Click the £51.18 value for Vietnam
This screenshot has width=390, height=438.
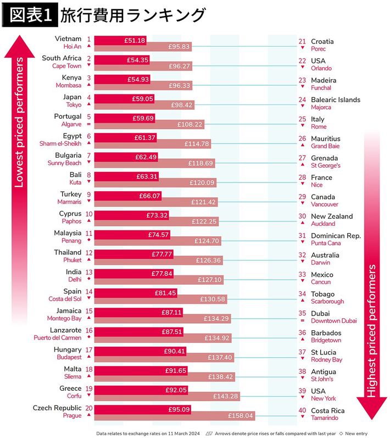point(135,40)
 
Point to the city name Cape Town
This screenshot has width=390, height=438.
point(66,66)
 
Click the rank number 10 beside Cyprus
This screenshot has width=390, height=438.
point(88,213)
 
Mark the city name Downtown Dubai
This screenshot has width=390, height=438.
point(333,321)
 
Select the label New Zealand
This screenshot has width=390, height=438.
point(332,217)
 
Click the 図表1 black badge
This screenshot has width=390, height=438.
point(31,15)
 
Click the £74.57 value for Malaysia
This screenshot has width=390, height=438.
point(158,234)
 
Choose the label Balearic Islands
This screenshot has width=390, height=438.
point(336,100)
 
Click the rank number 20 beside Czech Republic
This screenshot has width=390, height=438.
point(88,408)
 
